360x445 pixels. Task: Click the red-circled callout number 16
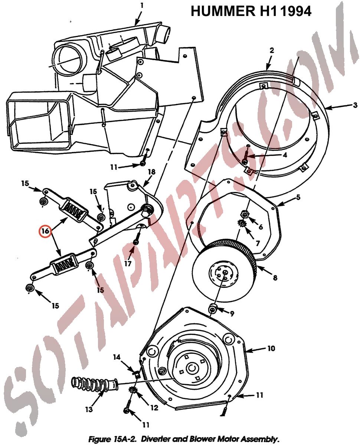(x=45, y=231)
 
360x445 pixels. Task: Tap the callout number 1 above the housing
(x=142, y=6)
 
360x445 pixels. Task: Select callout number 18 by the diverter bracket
(x=151, y=172)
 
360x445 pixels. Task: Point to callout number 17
(x=128, y=263)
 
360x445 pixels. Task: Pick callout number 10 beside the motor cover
(x=271, y=348)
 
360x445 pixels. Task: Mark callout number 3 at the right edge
(x=355, y=105)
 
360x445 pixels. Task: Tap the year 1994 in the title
(x=295, y=11)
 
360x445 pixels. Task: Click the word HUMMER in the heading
(x=223, y=11)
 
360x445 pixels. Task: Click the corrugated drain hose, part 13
(x=95, y=384)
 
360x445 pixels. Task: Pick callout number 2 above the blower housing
(x=272, y=50)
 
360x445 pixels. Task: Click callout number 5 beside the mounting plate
(x=298, y=197)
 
